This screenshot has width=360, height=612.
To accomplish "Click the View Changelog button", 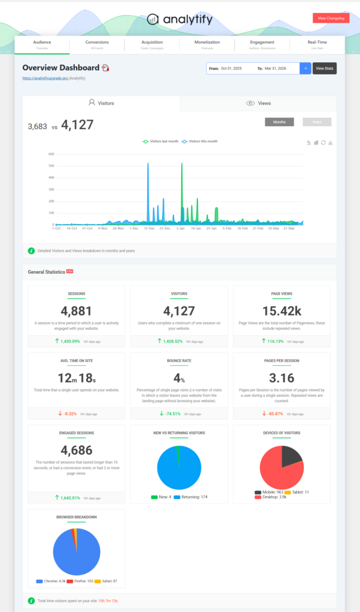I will click(331, 19).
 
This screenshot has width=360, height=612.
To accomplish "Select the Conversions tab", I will click(97, 44).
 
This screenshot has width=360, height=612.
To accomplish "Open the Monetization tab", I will click(207, 44).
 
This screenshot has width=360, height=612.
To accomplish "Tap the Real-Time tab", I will click(316, 44).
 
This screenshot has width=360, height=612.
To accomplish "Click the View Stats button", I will click(324, 69).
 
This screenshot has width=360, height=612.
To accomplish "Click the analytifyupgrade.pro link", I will click(45, 78).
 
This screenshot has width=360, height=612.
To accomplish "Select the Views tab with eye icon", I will click(258, 103).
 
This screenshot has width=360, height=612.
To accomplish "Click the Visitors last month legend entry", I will click(161, 142).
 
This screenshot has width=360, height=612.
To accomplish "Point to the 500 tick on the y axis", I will click(51, 166).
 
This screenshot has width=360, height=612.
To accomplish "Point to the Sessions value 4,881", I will click(77, 310).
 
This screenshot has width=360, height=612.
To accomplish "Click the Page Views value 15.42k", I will click(281, 310).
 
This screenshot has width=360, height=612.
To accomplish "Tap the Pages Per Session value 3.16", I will click(281, 380).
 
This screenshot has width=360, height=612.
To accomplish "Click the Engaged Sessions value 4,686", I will click(77, 449).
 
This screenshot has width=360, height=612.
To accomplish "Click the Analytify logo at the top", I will click(179, 19).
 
